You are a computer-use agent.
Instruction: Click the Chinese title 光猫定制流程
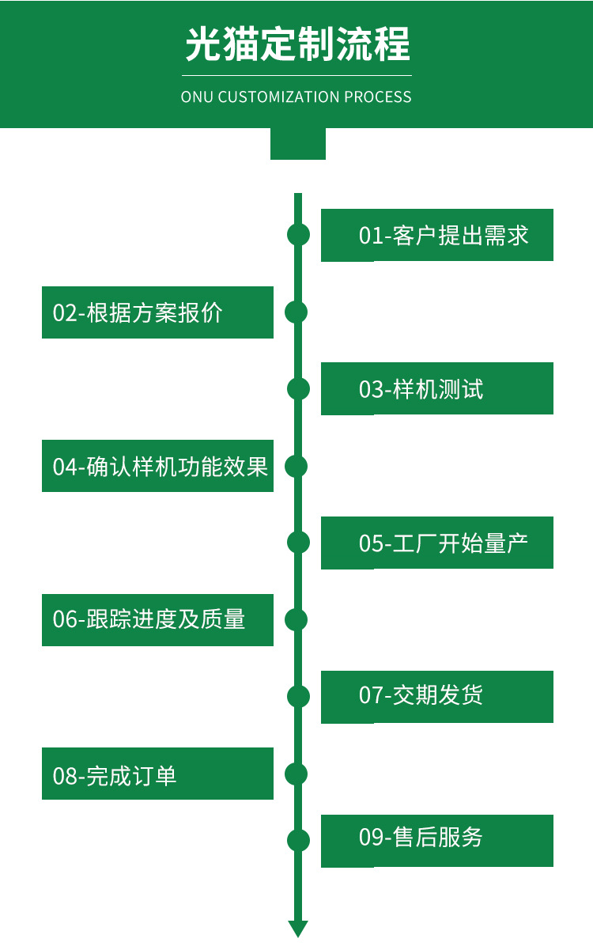[x=297, y=44]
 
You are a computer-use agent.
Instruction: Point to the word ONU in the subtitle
[x=197, y=97]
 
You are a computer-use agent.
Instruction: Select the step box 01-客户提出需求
[x=436, y=235]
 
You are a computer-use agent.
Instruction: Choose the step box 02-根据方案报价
[x=157, y=312]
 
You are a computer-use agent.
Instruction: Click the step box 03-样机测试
[x=436, y=388]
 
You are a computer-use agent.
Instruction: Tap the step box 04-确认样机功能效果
[x=157, y=466]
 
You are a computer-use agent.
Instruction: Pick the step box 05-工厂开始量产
[x=436, y=543]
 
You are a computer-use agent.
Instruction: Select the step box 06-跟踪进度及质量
[x=157, y=619]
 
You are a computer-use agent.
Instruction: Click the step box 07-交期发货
[x=436, y=697]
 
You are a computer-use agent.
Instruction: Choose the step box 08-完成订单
[x=157, y=774]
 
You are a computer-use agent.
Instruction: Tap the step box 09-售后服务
[x=436, y=841]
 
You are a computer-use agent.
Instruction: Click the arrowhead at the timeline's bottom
[x=298, y=929]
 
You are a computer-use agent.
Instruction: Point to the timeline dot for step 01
[x=298, y=235]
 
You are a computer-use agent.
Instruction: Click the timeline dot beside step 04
[x=296, y=467]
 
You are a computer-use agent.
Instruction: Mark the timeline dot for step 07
[x=298, y=696]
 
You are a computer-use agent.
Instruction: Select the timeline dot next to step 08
[x=296, y=774]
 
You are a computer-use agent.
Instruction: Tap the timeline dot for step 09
[x=298, y=841]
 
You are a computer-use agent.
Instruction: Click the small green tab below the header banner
[x=298, y=144]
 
